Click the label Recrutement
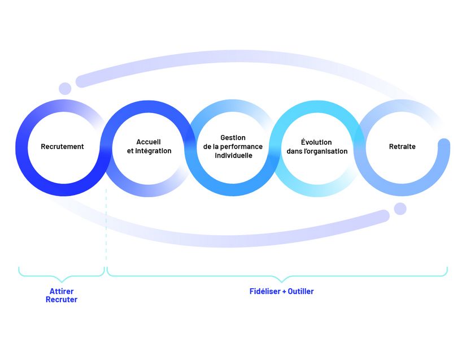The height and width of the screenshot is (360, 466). [x=62, y=147]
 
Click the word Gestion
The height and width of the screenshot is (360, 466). [x=233, y=138]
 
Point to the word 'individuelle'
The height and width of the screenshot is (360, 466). [x=233, y=155]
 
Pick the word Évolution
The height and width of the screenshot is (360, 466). [x=316, y=142]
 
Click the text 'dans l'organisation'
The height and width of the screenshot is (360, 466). [x=316, y=151]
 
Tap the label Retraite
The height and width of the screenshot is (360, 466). [x=402, y=147]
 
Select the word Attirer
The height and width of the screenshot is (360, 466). [x=62, y=292]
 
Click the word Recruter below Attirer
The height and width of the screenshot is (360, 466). [x=62, y=300]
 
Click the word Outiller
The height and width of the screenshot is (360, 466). [x=300, y=292]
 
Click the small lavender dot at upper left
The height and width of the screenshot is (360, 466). [x=65, y=89]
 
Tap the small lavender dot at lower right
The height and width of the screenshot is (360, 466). [x=400, y=209]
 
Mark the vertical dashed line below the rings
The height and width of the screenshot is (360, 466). [x=106, y=226]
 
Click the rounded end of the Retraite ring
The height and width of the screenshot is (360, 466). [x=445, y=144]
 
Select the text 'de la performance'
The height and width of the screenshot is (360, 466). [x=233, y=147]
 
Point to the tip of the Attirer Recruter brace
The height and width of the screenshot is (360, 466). [x=62, y=280]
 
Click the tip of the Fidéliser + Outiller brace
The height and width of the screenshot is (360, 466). [x=281, y=280]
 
